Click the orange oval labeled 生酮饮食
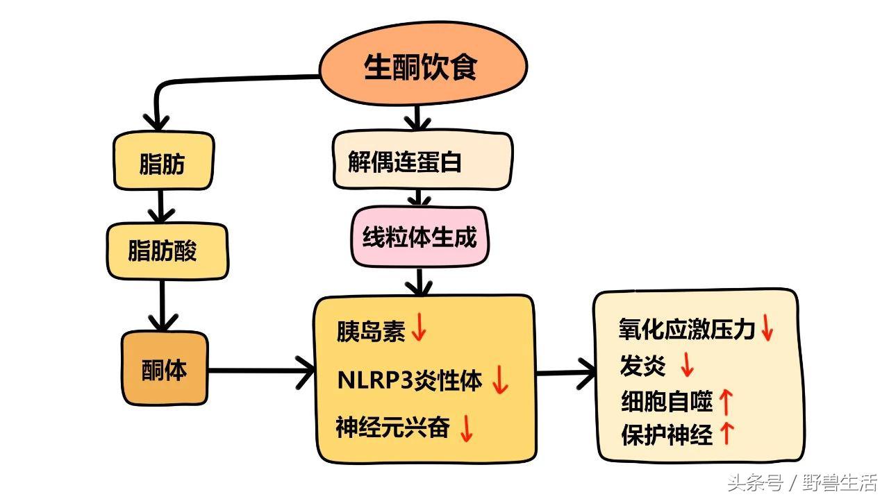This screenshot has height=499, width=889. (422, 68)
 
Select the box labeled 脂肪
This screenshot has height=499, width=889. (163, 164)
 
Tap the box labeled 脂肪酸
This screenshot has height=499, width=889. (165, 251)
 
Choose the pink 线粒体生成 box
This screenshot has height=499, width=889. (419, 237)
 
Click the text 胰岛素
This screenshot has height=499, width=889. (371, 331)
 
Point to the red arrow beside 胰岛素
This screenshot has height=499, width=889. (419, 328)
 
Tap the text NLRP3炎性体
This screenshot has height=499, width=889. (409, 380)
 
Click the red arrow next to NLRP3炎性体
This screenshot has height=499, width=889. (500, 380)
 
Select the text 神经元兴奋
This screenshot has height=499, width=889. (392, 427)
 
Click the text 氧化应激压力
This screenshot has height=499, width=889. (686, 328)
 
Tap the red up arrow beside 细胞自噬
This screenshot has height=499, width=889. (726, 400)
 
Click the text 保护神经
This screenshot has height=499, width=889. (666, 435)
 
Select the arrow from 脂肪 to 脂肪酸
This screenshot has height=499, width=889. (162, 206)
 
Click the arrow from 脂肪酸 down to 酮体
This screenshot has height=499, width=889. (162, 305)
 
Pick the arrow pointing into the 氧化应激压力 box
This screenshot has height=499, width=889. (566, 373)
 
